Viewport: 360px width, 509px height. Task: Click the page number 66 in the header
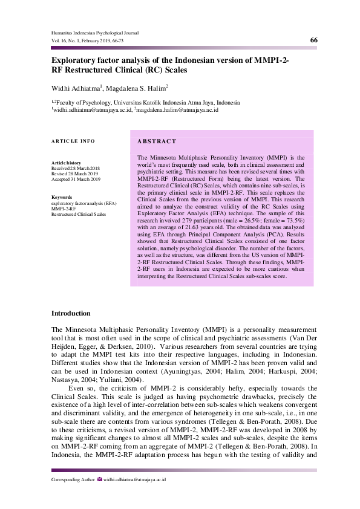[x=313, y=40]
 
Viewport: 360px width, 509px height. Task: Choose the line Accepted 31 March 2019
[x=76, y=180]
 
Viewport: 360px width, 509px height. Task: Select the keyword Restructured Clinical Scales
[x=79, y=214]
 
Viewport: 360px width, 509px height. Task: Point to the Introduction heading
[x=71, y=313]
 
